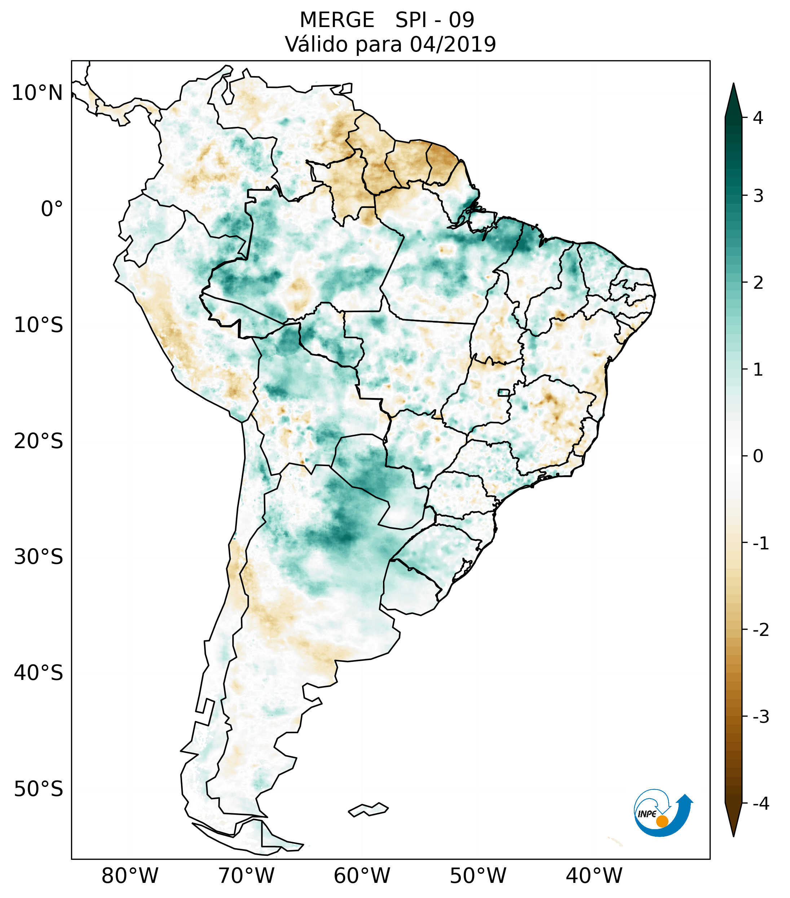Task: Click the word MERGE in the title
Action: pyautogui.click(x=336, y=20)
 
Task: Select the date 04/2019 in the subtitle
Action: pyautogui.click(x=453, y=44)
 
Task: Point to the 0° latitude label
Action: pyautogui.click(x=52, y=209)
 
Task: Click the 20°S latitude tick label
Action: pyautogui.click(x=39, y=441)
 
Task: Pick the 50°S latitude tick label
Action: pyautogui.click(x=39, y=789)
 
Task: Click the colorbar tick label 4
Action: pyautogui.click(x=758, y=118)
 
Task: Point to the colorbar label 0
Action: pyautogui.click(x=758, y=456)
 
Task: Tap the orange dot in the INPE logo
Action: pyautogui.click(x=662, y=821)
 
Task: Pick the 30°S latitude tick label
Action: pyautogui.click(x=39, y=557)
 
